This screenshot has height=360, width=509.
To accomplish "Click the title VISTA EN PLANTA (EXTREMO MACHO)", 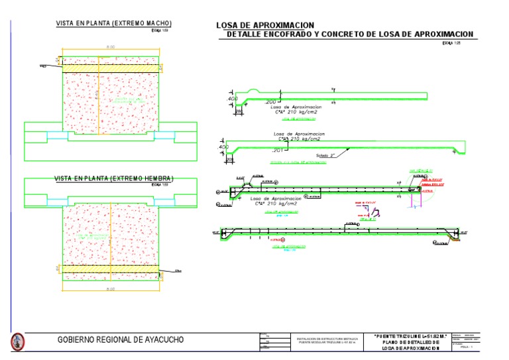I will pos(110,24).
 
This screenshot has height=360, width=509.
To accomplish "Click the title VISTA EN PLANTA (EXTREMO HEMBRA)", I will pos(113,178).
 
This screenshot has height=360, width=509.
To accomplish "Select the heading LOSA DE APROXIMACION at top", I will pos(265,25).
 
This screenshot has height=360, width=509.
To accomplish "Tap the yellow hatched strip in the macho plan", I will pos(110,68).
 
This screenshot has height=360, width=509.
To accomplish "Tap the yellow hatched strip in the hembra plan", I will pos(110,270).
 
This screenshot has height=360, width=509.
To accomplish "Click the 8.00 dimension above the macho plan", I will pos(111,47).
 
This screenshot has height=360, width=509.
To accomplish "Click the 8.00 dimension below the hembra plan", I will pos(111,290).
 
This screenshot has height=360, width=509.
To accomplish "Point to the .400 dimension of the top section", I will pos(232,99).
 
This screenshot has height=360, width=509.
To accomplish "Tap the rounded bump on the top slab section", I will pos(254,91).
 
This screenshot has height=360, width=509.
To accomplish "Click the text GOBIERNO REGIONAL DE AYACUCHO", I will pos(121,340).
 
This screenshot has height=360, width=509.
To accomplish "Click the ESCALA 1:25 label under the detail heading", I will pos(451,43).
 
